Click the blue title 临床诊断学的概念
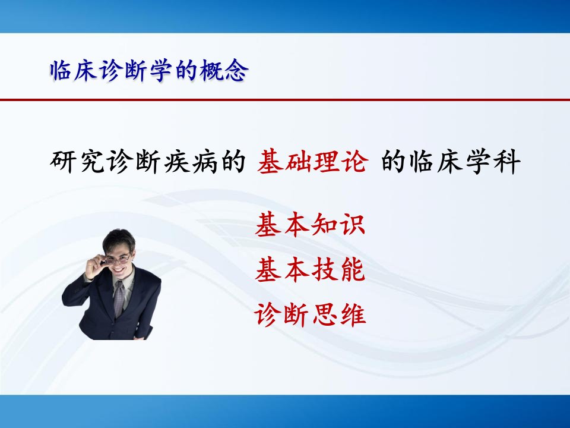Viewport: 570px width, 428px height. pyautogui.click(x=149, y=70)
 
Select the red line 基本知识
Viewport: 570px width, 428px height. pyautogui.click(x=310, y=225)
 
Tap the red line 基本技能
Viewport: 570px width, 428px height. pyautogui.click(x=310, y=269)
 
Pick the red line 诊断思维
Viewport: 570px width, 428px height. pyautogui.click(x=310, y=314)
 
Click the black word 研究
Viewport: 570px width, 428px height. pyautogui.click(x=77, y=161)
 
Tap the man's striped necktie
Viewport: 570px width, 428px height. pyautogui.click(x=119, y=298)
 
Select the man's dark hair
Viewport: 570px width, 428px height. pyautogui.click(x=119, y=240)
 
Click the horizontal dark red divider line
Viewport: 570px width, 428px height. pyautogui.click(x=285, y=99)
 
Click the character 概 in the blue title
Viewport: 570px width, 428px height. pyautogui.click(x=212, y=70)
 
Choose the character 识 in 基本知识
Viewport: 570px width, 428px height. pyautogui.click(x=352, y=225)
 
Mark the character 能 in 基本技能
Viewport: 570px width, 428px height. pyautogui.click(x=352, y=269)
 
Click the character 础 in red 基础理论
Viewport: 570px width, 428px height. pyautogui.click(x=299, y=161)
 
